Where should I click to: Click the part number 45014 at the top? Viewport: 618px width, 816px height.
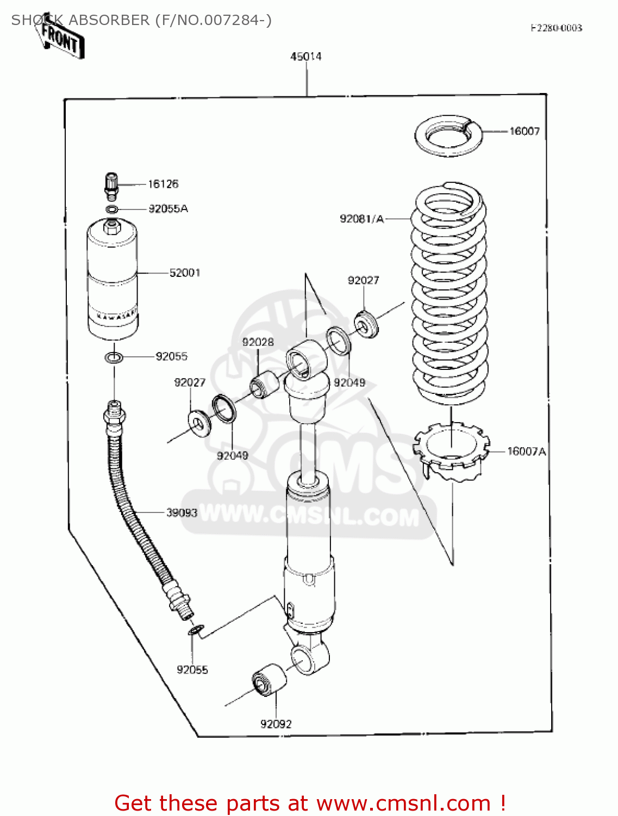pyautogui.click(x=305, y=57)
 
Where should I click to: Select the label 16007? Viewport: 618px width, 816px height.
pyautogui.click(x=524, y=131)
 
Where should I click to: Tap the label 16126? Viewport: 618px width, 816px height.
pyautogui.click(x=163, y=184)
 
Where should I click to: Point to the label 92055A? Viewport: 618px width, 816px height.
pyautogui.click(x=168, y=208)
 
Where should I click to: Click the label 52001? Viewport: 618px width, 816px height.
pyautogui.click(x=185, y=273)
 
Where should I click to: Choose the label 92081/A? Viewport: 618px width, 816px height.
pyautogui.click(x=361, y=219)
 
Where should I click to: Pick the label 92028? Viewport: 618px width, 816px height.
pyautogui.click(x=258, y=342)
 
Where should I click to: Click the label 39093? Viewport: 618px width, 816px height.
pyautogui.click(x=182, y=512)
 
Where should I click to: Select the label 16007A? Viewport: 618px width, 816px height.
pyautogui.click(x=526, y=451)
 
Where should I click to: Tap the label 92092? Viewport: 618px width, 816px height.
pyautogui.click(x=276, y=724)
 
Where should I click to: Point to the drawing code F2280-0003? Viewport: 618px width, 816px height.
pyautogui.click(x=556, y=28)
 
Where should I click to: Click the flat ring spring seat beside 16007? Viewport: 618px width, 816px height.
pyautogui.click(x=448, y=136)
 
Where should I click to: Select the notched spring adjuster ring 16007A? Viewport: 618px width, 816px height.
pyautogui.click(x=451, y=449)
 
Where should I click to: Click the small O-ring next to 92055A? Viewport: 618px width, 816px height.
pyautogui.click(x=111, y=209)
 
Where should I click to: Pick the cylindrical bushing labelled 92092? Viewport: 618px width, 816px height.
pyautogui.click(x=269, y=679)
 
